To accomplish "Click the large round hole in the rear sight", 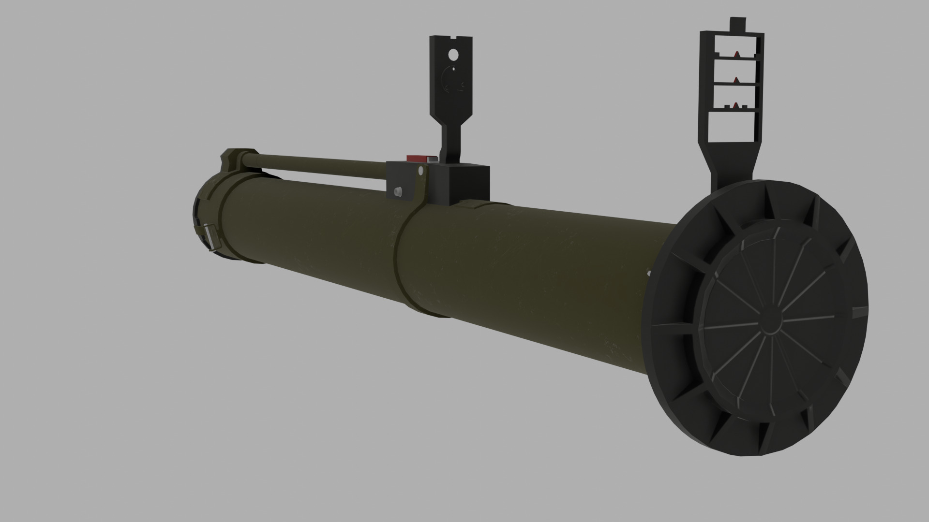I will click(453, 54).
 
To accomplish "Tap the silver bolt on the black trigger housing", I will click(398, 192).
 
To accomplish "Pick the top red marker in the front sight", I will click(736, 53).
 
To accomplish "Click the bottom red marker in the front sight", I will click(736, 105).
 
